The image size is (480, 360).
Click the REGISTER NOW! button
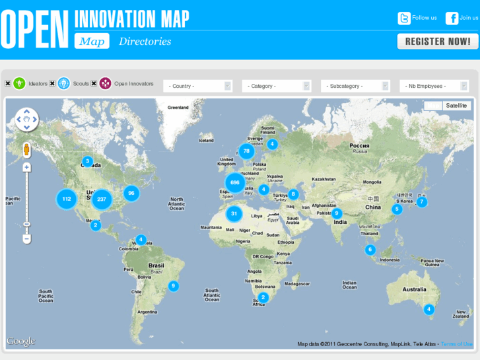pos(437,41)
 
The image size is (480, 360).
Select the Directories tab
pos(145,42)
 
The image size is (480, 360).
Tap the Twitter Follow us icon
pos(404,18)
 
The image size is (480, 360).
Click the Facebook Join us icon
pos(452,18)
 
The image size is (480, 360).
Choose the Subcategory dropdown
pos(355,86)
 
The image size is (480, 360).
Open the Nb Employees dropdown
pos(434,86)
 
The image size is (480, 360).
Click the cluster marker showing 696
pos(234,182)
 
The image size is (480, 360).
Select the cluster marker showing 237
pos(101,199)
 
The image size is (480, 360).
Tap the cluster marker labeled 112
pos(66,198)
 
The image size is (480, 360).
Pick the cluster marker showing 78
pos(246,151)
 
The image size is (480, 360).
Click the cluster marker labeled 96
pos(131,193)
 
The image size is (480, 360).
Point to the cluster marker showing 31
pos(234,213)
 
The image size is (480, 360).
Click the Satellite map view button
pos(456,106)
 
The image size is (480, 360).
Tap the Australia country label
pos(414,289)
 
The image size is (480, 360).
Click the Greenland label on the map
pos(178,107)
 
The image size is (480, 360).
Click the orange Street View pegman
pos(26,150)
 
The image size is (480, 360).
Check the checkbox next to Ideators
pos(8,83)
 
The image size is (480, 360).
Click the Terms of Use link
pos(456,344)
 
